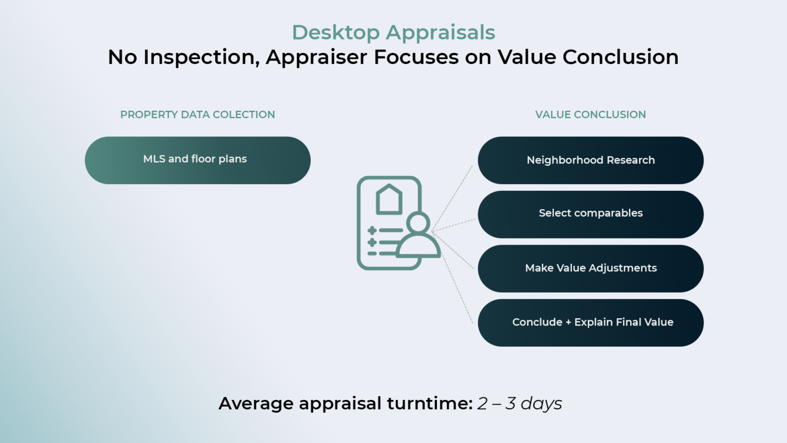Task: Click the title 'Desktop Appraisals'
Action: (393, 32)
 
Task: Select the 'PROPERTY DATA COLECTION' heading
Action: (197, 114)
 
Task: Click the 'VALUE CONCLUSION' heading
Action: (590, 114)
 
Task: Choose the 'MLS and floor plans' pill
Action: (197, 160)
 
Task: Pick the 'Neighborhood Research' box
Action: (590, 160)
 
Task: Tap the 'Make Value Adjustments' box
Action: (590, 268)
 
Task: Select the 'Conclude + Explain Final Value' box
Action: (590, 323)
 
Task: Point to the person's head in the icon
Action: (419, 223)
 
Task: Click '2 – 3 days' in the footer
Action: (520, 404)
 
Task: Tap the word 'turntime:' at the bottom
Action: (429, 404)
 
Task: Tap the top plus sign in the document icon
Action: (372, 231)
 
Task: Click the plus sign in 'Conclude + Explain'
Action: (568, 323)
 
